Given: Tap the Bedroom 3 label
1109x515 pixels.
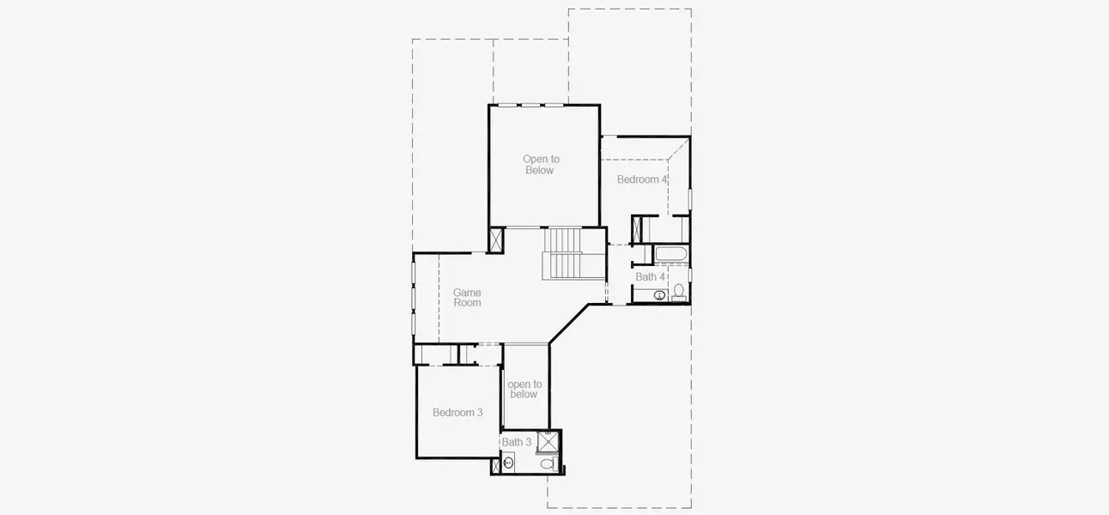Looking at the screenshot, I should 458,413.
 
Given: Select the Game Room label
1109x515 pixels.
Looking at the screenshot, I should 467,298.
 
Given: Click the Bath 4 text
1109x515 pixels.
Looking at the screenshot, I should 650,277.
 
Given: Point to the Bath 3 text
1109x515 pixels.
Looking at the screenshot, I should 517,442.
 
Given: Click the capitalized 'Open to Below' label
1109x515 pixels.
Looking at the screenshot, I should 541,165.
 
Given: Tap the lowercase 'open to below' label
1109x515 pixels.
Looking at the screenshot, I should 524,390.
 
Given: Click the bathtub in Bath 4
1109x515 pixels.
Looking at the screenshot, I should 670,255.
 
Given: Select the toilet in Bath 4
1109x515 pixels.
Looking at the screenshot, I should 678,292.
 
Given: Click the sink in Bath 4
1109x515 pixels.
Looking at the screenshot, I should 659,295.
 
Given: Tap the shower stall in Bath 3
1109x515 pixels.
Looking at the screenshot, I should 548,441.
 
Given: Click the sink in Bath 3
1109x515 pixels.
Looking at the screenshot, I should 509,463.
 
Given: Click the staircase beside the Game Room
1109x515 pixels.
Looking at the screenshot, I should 565,253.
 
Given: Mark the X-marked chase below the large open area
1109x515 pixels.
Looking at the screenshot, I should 496,239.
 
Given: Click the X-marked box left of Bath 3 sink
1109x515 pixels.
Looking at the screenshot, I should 495,467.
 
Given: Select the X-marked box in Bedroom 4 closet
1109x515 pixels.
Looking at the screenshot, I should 638,229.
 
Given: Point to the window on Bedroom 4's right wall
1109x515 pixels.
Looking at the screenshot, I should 689,199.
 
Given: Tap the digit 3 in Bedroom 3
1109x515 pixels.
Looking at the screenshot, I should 480,413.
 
